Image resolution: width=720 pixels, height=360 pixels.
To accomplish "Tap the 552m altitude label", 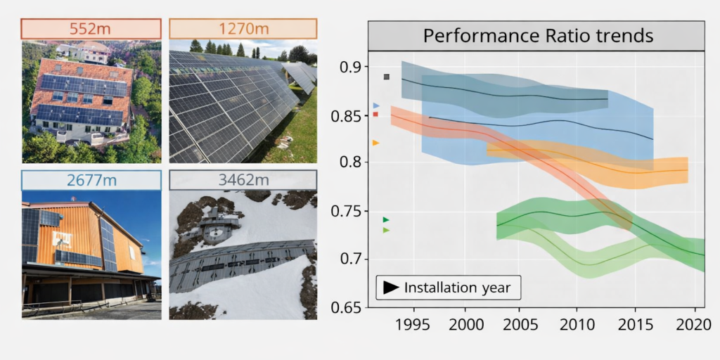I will click(x=91, y=29).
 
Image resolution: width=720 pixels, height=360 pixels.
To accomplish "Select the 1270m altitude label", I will click(x=243, y=29).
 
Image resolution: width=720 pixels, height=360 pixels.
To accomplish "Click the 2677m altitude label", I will click(x=91, y=180).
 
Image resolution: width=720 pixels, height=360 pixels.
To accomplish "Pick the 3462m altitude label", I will click(x=243, y=180).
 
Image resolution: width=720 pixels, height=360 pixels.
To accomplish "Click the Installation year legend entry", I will click(x=449, y=288).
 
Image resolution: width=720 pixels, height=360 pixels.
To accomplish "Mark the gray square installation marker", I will click(x=386, y=77).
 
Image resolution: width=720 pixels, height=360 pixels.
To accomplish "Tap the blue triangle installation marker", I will click(x=376, y=105).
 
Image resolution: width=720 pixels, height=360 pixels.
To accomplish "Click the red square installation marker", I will click(x=376, y=114).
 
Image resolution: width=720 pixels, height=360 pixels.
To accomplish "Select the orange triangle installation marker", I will click(x=375, y=143).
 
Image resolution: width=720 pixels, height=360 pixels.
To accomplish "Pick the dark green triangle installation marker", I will click(x=385, y=220).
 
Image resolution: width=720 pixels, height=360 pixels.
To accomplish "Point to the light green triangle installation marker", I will click(x=385, y=230).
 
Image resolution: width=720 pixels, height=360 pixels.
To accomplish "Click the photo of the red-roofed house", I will click(x=91, y=102).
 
